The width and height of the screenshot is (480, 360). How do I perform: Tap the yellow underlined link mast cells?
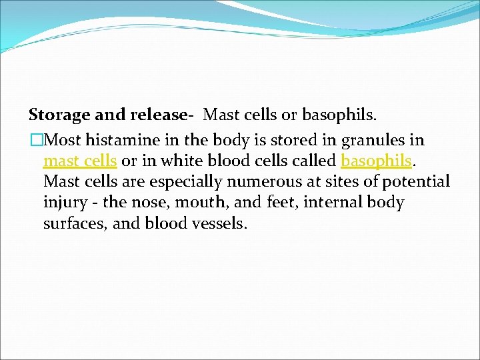pos(80,161)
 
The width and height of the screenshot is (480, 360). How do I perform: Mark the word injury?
pos(65,202)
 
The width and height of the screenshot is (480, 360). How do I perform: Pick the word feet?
pos(279,202)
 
